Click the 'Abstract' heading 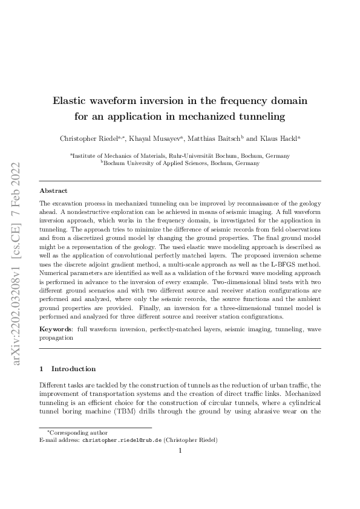click(53, 190)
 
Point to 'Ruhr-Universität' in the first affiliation click(198, 155)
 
